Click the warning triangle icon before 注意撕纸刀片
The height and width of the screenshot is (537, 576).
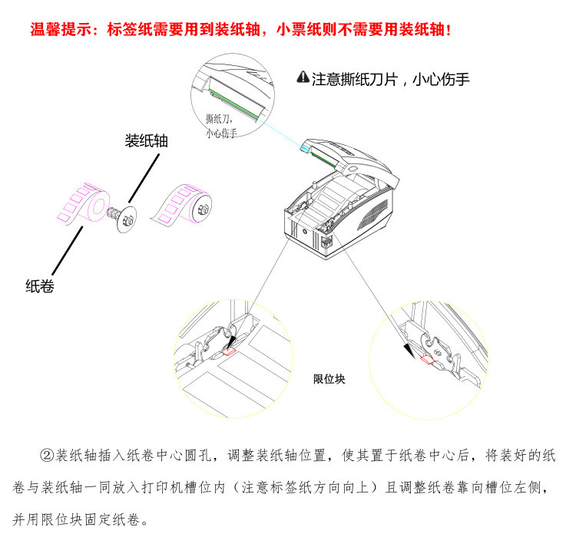click(303, 77)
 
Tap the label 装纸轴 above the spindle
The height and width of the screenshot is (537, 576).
click(147, 141)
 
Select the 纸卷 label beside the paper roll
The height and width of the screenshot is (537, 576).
click(40, 287)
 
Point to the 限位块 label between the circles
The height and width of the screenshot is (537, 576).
click(329, 378)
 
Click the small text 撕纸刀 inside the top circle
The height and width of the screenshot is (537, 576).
click(219, 120)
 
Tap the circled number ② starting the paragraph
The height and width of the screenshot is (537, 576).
click(45, 455)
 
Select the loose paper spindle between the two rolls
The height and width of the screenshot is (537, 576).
click(123, 216)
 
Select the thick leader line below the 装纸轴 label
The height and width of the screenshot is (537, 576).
click(143, 176)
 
